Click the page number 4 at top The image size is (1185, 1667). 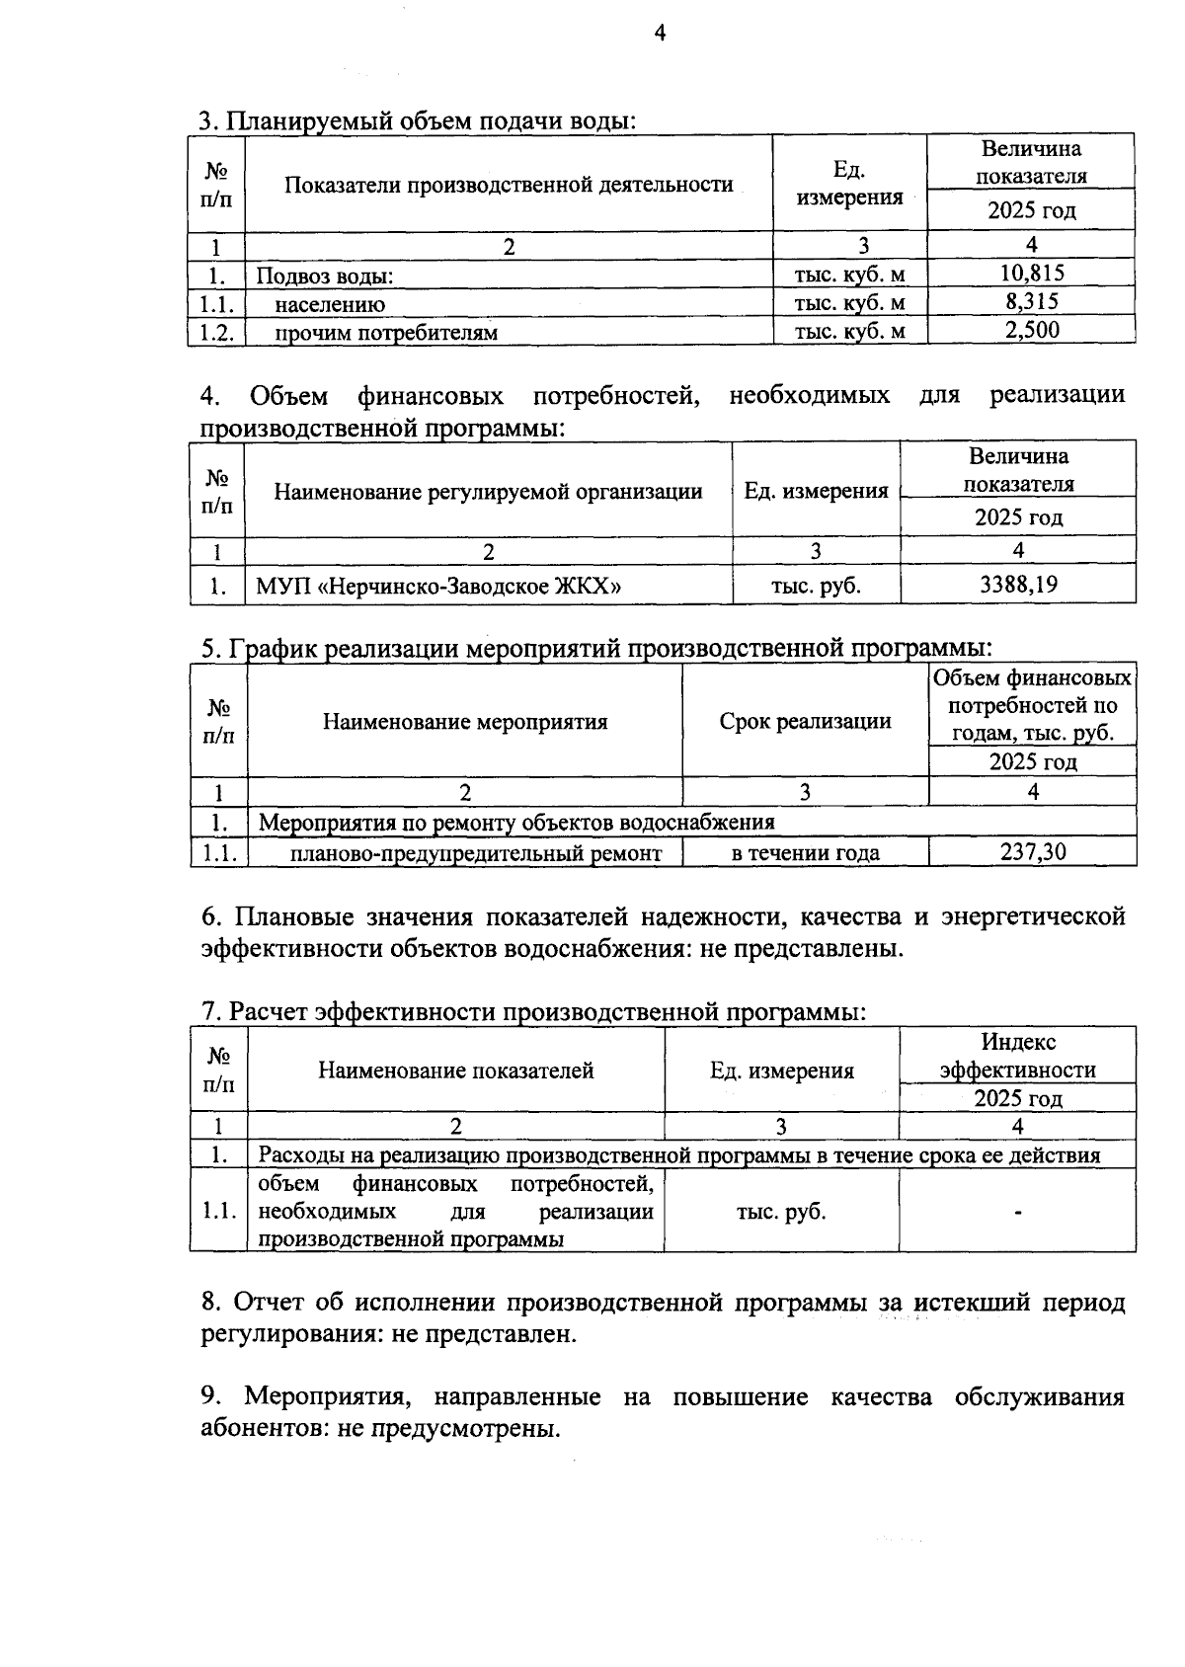tap(660, 35)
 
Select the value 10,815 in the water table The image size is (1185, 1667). tap(1031, 274)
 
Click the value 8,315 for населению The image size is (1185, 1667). tap(1031, 302)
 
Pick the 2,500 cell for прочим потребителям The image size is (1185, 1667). tap(1031, 331)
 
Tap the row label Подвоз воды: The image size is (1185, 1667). tap(326, 278)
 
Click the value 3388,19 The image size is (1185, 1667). tap(1018, 585)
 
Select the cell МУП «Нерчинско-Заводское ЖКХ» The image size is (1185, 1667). tap(438, 586)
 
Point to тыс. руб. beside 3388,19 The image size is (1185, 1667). tap(816, 586)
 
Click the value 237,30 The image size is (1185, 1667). tap(1033, 852)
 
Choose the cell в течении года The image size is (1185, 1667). tap(805, 853)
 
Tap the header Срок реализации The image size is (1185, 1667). tap(805, 722)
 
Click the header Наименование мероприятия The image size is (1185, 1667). tap(465, 722)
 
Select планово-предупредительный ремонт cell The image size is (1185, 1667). tap(475, 853)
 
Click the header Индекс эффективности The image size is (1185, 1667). tap(1017, 1057)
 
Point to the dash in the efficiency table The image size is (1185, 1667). tap(1017, 1212)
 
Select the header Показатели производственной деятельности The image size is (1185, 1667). tap(509, 185)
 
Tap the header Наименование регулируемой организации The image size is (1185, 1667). tap(488, 492)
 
